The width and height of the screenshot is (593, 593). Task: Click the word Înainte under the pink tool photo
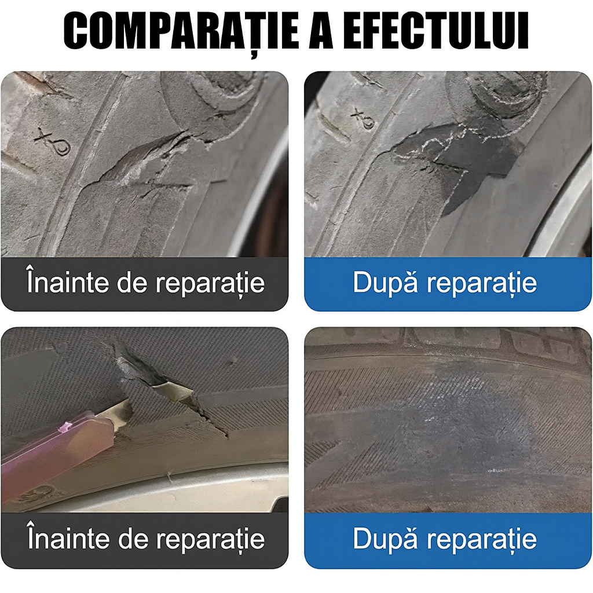click(x=67, y=539)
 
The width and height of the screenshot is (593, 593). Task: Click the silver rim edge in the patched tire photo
click(x=565, y=214)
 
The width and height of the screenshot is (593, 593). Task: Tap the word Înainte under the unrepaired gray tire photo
click(x=67, y=283)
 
